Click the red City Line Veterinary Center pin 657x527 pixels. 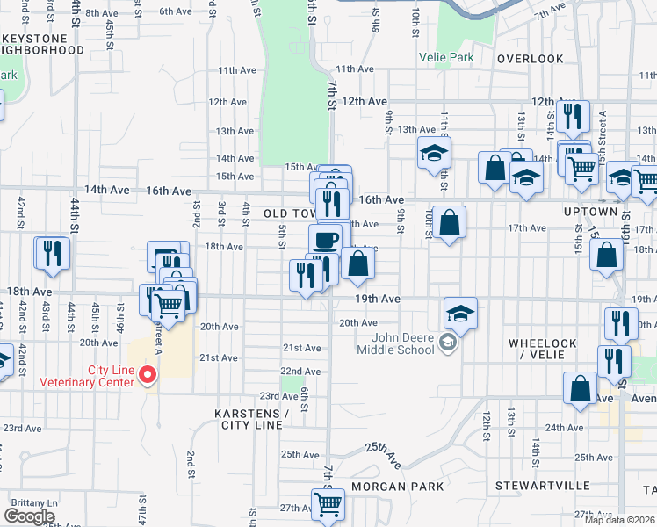(x=148, y=375)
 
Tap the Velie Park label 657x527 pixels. (x=449, y=58)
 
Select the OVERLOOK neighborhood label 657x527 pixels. (x=530, y=58)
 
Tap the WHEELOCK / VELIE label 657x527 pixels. (x=541, y=349)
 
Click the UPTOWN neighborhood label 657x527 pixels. (x=590, y=213)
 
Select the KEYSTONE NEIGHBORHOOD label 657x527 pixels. (x=41, y=44)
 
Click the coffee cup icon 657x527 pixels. (x=325, y=239)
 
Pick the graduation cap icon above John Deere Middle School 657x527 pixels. (x=460, y=312)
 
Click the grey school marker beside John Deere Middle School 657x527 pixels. (x=449, y=343)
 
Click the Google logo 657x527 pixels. (x=29, y=516)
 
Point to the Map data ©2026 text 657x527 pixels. (x=620, y=520)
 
